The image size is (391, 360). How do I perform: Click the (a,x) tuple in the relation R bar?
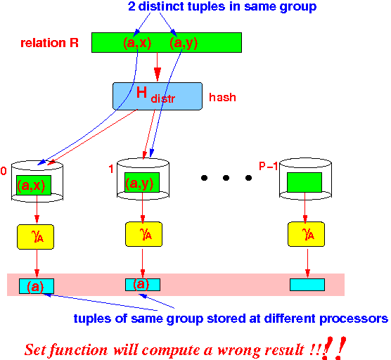[x=136, y=44]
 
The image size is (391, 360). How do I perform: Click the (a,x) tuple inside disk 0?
[x=33, y=186]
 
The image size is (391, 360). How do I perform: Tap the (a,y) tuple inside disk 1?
[x=141, y=184]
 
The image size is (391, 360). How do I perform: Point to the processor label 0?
[x=4, y=171]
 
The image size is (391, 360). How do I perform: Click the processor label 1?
[x=111, y=169]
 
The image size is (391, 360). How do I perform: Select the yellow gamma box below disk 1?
[x=143, y=235]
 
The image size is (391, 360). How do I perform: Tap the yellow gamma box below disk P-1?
[x=307, y=235]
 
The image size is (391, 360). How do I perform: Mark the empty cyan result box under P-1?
[x=307, y=285]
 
